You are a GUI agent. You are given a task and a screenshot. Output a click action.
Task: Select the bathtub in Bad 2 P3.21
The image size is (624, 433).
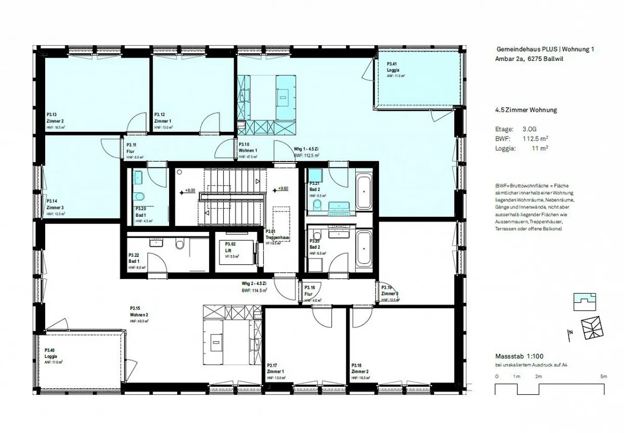[364, 192]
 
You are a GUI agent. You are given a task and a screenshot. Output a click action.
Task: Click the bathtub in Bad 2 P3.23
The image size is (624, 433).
[364, 247]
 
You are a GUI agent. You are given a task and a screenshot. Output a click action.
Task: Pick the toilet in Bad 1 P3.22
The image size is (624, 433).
[180, 244]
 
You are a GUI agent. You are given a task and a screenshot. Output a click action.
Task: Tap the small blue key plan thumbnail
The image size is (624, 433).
[585, 302]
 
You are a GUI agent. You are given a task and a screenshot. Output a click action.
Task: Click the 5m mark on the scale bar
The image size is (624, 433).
[603, 377]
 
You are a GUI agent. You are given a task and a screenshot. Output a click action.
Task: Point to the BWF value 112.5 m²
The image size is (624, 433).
[535, 139]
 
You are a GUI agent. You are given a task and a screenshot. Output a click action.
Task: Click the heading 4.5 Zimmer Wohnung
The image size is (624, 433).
[526, 110]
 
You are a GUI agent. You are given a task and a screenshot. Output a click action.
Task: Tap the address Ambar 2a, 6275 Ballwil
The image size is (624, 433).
[529, 59]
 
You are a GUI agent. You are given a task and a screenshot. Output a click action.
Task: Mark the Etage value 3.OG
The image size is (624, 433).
[529, 129]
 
